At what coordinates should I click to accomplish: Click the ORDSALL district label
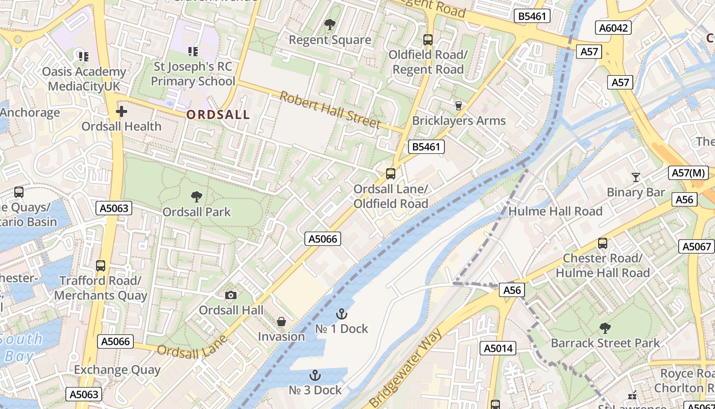tap(218, 115)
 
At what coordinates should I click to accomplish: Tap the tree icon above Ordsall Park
tap(196, 197)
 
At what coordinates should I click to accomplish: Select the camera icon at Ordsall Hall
tap(231, 295)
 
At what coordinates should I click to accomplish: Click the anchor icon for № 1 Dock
tap(341, 313)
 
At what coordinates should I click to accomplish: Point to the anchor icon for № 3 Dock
tap(315, 375)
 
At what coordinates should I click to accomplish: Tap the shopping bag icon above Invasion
tap(281, 322)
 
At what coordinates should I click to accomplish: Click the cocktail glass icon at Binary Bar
tap(635, 177)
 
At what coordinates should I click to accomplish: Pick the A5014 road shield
tap(498, 348)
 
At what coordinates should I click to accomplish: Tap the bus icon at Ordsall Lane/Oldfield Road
tap(391, 174)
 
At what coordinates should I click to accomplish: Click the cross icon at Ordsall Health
tap(122, 111)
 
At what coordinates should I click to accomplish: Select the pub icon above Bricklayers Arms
tap(458, 106)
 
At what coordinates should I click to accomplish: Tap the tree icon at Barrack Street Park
tap(605, 328)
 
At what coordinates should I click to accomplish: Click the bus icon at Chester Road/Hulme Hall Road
tap(603, 243)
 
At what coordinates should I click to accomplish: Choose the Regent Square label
tap(330, 40)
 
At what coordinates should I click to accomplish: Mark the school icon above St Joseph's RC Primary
tap(193, 51)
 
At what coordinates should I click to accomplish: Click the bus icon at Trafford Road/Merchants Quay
tap(101, 266)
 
